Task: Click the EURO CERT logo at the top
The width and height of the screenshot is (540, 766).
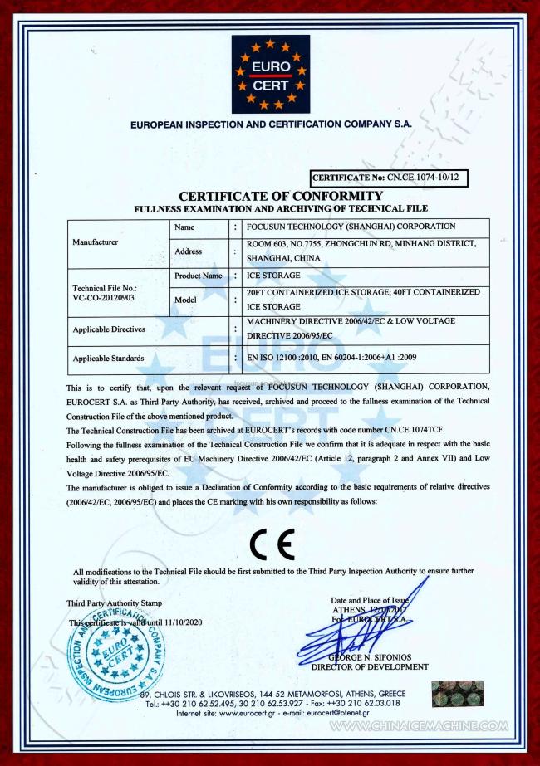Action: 270,75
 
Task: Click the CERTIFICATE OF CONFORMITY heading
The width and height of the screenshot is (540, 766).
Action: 281,195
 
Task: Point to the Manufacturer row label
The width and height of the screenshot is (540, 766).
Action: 95,242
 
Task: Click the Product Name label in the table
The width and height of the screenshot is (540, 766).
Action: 199,275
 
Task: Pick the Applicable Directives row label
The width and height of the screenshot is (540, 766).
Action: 109,329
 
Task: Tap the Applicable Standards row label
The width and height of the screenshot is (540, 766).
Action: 108,359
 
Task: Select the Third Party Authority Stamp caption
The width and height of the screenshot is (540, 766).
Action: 115,603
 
